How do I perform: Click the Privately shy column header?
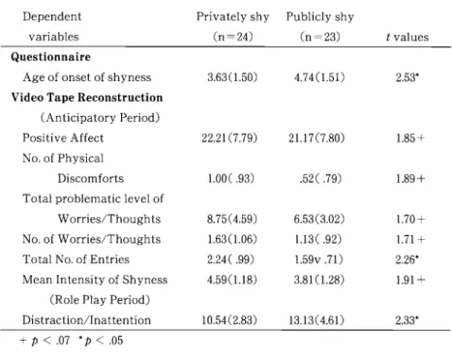click(232, 16)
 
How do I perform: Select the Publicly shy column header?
click(320, 16)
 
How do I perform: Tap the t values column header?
click(407, 37)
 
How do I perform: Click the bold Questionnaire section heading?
click(50, 57)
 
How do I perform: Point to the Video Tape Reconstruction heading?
click(87, 98)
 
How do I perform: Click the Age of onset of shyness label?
click(87, 77)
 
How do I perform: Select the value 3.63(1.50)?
click(232, 77)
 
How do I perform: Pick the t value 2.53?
click(407, 77)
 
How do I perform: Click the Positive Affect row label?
click(63, 138)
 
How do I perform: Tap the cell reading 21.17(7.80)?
click(316, 138)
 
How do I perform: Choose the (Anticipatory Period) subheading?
click(100, 118)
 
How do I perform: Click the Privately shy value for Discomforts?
click(231, 178)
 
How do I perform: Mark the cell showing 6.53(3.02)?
click(319, 219)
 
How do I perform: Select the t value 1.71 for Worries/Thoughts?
click(410, 239)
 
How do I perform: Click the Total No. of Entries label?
click(75, 259)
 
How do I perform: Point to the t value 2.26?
click(407, 259)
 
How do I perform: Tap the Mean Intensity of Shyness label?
click(95, 280)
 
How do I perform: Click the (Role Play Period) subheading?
click(100, 300)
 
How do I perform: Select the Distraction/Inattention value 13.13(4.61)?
click(316, 320)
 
